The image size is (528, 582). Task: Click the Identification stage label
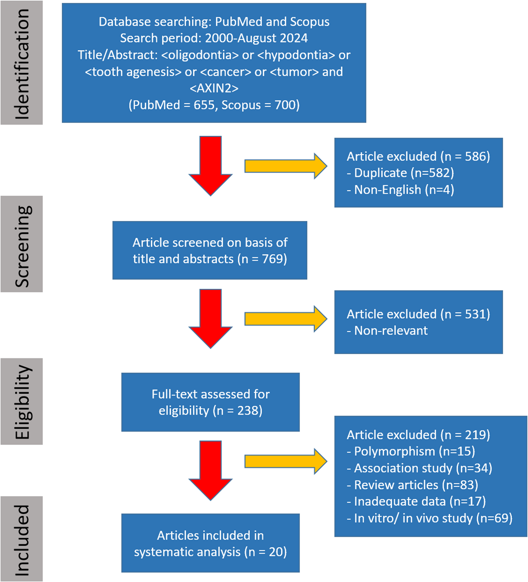tap(22, 63)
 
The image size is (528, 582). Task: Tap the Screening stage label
tap(22, 244)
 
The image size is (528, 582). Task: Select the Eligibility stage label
tap(22, 401)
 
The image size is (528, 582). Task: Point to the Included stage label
tap(22, 539)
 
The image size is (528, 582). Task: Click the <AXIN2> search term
tap(214, 88)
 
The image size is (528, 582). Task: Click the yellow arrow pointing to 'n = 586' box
tap(285, 166)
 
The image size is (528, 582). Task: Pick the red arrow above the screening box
tap(211, 165)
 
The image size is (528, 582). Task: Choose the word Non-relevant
tap(391, 331)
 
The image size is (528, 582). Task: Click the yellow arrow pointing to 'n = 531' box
tap(285, 319)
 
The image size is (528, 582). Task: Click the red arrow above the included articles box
tap(211, 470)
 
